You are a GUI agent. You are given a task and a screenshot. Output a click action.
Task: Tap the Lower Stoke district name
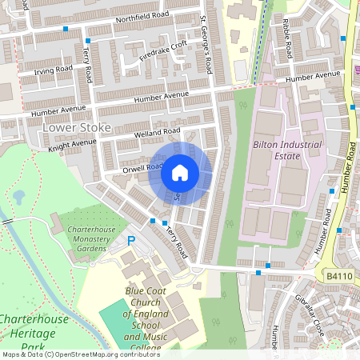coord(73,127)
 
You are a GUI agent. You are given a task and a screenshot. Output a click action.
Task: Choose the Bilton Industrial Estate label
coord(287,150)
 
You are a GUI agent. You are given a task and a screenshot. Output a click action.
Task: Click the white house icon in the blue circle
coord(180,172)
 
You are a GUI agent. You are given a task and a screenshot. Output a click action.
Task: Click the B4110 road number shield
coord(338,275)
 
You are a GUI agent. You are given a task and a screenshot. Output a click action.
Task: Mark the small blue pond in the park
coord(18,196)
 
